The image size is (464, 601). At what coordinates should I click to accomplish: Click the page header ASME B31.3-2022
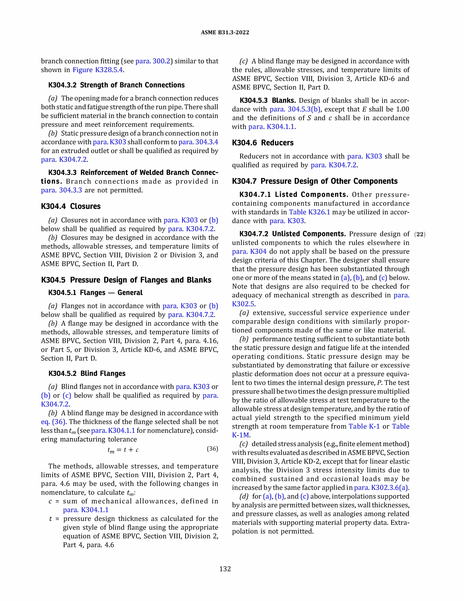click(x=225, y=32)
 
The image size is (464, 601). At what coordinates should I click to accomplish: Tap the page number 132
click(x=225, y=569)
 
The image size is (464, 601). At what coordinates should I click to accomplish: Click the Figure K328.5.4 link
click(x=98, y=70)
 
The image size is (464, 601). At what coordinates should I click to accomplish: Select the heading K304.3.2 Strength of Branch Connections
click(x=116, y=85)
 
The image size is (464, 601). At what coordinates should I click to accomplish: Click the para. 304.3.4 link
click(x=198, y=142)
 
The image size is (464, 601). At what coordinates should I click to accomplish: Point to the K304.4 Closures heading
click(x=71, y=206)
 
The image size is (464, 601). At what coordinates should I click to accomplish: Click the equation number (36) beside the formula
click(x=212, y=449)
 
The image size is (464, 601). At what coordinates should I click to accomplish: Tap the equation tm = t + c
click(x=123, y=450)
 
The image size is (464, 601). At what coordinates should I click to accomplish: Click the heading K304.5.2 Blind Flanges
click(x=87, y=374)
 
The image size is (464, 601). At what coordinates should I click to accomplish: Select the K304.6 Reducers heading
click(x=263, y=143)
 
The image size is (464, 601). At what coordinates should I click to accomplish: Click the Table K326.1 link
click(x=309, y=212)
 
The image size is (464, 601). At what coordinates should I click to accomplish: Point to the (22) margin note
click(x=419, y=235)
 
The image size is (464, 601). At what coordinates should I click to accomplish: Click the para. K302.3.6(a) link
click(x=381, y=488)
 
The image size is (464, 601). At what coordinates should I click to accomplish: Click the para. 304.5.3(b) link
click(x=295, y=109)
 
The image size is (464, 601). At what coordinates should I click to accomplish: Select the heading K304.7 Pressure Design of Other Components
click(x=314, y=181)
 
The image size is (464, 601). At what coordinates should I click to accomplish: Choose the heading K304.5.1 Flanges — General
click(x=95, y=293)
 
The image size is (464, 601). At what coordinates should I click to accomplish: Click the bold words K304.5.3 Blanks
click(x=268, y=100)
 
